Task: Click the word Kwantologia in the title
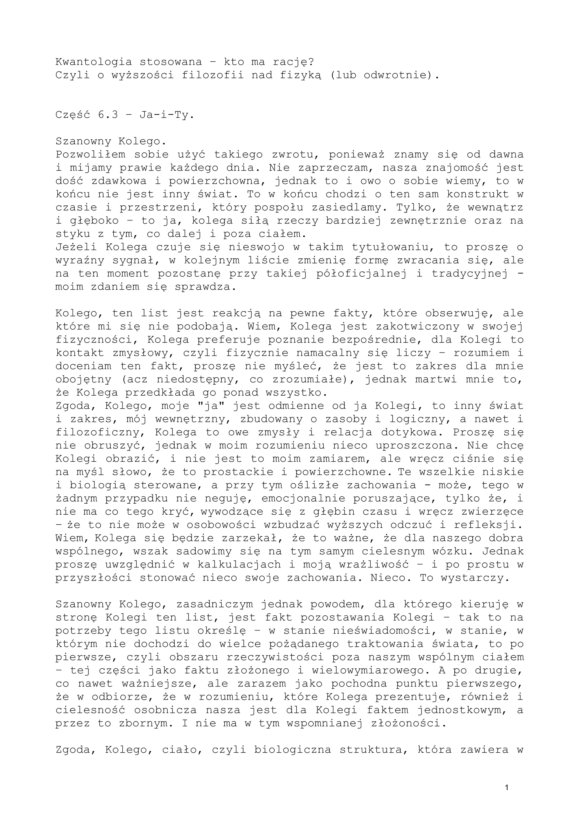coord(94,62)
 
